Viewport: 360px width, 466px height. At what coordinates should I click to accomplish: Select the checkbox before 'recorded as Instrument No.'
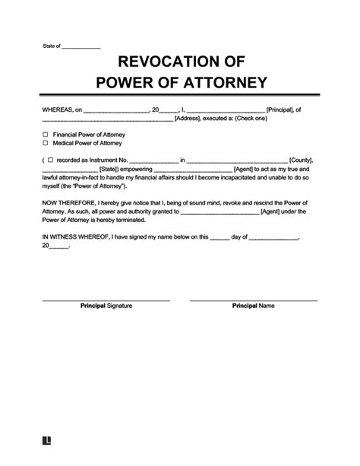(50, 160)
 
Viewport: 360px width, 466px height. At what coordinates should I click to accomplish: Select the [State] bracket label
(112, 169)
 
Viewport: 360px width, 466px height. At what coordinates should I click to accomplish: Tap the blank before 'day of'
(219, 237)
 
